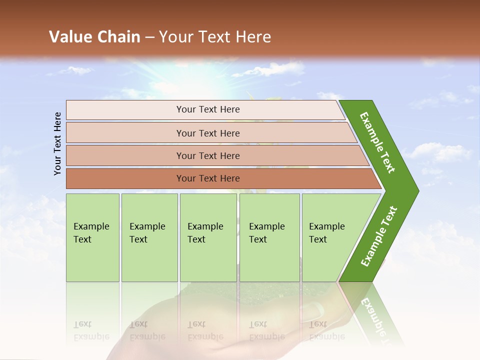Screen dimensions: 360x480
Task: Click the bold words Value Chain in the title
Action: [x=94, y=37]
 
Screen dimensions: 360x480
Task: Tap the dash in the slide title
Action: [x=149, y=37]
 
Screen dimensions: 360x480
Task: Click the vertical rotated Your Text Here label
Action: [x=57, y=144]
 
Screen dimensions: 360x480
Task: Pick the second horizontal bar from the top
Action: [x=207, y=133]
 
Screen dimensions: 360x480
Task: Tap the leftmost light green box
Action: [x=92, y=237]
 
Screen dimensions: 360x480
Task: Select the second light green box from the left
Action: [x=149, y=237]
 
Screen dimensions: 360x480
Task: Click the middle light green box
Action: [x=208, y=237]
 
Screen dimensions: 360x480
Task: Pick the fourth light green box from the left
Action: [x=269, y=237]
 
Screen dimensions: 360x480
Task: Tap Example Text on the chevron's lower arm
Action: [x=379, y=236]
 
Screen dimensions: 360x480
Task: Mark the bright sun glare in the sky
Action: [x=200, y=75]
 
